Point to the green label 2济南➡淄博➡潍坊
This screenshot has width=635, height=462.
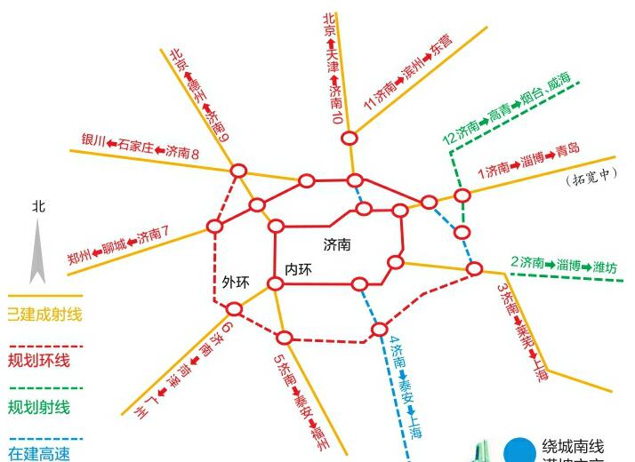point(563,264)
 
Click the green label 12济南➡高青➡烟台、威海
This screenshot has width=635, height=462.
point(510,110)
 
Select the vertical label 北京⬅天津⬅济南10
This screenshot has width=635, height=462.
point(333,67)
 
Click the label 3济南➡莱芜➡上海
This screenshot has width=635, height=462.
point(522,332)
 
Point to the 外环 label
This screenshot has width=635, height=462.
point(236,283)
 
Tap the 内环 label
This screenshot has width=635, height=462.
point(298,269)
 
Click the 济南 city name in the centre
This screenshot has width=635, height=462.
point(337,243)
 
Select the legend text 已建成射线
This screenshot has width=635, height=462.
point(44,314)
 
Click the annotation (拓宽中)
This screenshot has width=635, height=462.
point(591,177)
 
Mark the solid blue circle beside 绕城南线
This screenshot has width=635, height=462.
point(518,450)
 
